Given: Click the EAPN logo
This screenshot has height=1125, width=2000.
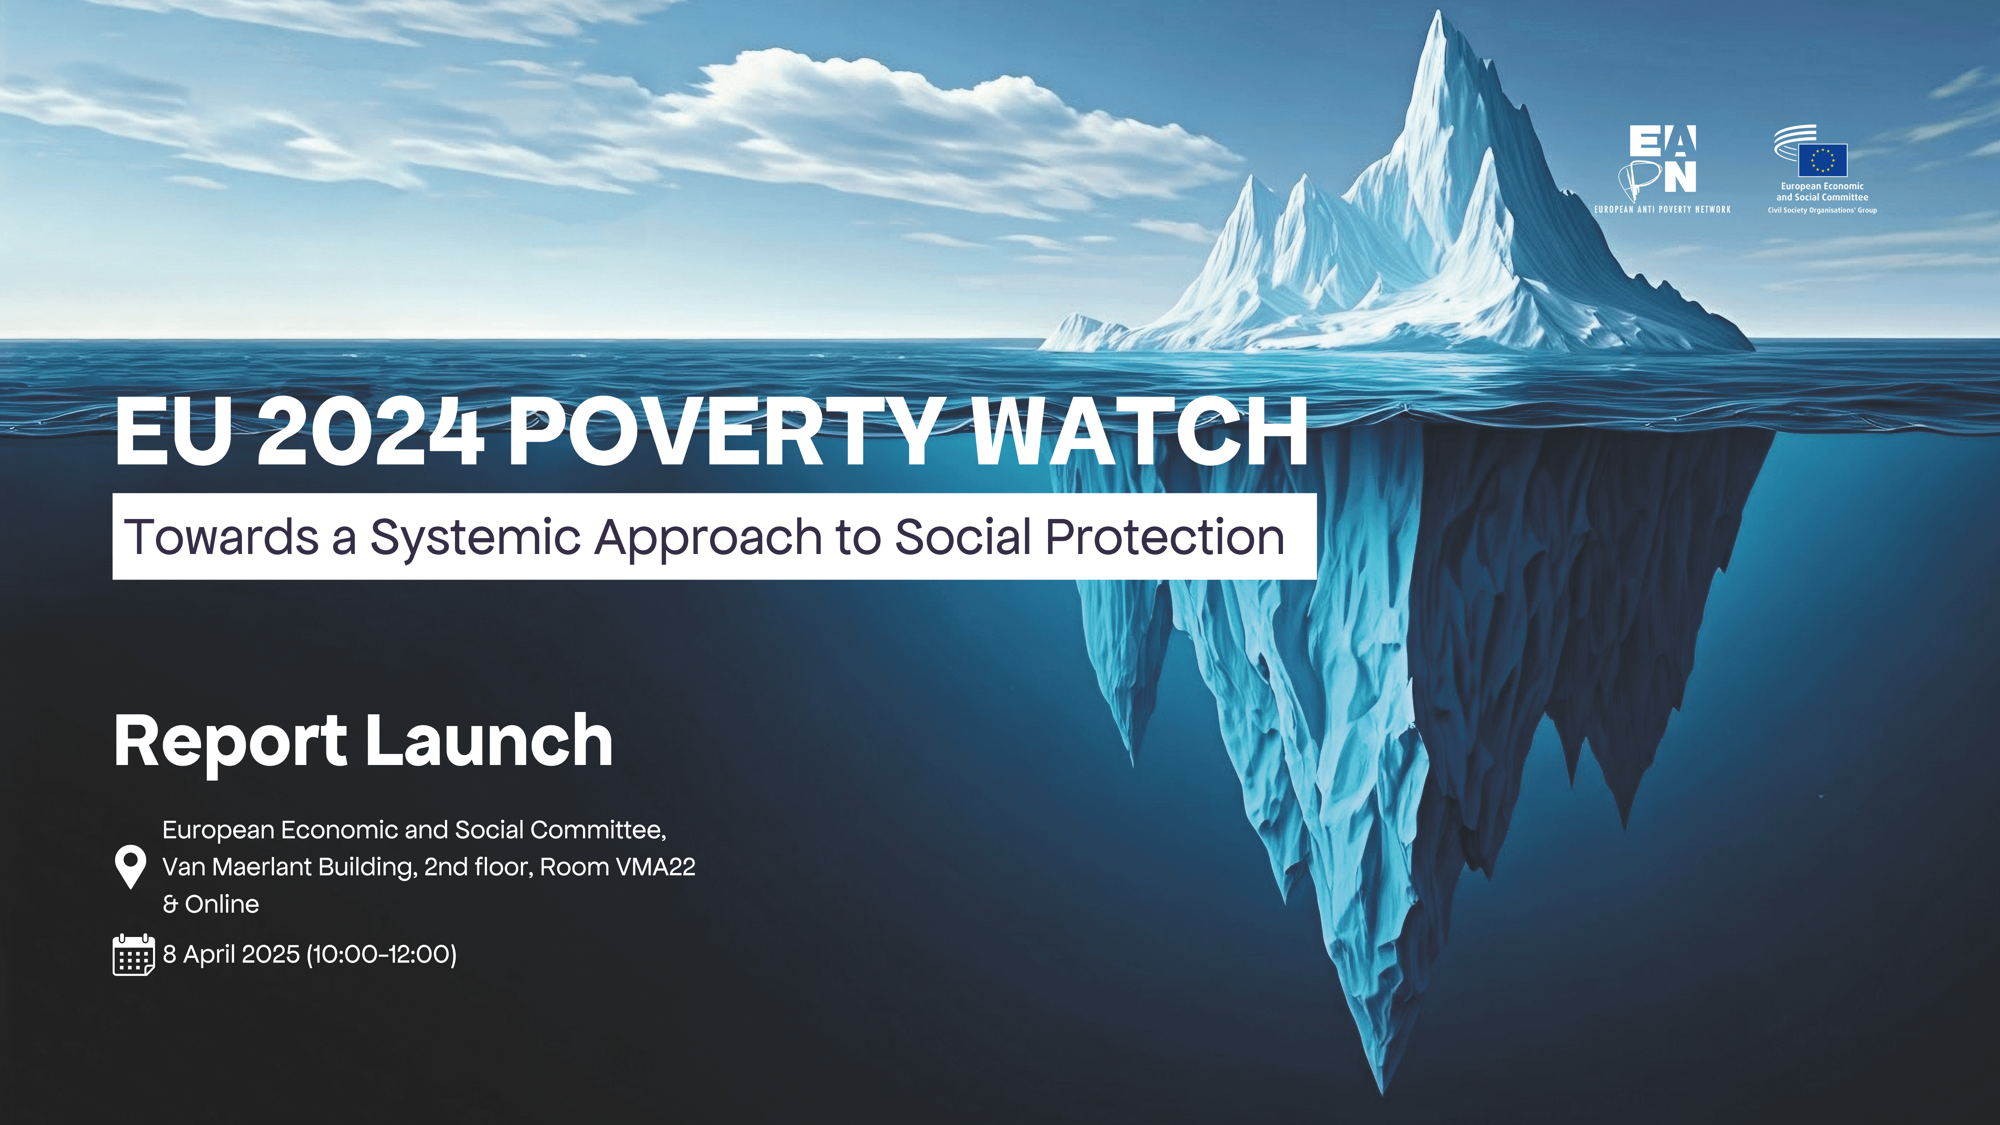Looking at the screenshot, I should [1662, 160].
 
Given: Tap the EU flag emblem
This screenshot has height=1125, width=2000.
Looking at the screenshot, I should [1822, 160].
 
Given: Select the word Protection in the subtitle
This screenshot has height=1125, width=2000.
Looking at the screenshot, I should [1165, 537].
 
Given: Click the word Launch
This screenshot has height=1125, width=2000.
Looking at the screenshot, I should [489, 741].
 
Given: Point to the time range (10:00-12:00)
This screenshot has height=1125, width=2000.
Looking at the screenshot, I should [382, 954].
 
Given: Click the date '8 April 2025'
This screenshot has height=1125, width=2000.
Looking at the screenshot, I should [231, 954].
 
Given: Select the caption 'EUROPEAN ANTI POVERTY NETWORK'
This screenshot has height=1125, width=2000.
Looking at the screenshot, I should [1662, 210].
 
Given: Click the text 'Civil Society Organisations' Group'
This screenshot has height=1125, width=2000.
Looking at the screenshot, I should [1822, 210].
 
